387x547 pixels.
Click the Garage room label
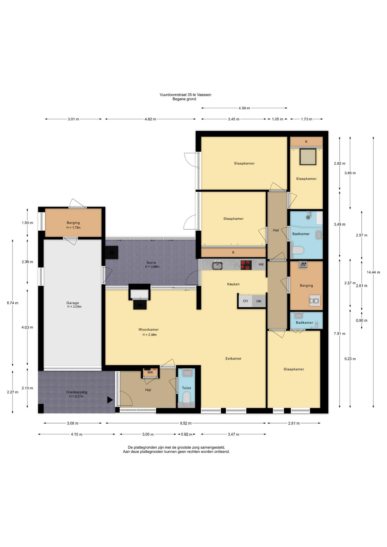pyautogui.click(x=73, y=303)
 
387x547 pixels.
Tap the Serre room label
pyautogui.click(x=151, y=262)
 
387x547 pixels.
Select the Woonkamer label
pyautogui.click(x=148, y=329)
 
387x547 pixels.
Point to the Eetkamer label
pyautogui.click(x=233, y=358)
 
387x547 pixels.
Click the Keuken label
pyautogui.click(x=233, y=284)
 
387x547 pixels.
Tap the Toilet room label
pyautogui.click(x=187, y=388)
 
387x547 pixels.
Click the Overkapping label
pyautogui.click(x=77, y=392)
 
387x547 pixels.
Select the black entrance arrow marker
pyautogui.click(x=110, y=400)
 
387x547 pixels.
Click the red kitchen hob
pyautogui.click(x=246, y=265)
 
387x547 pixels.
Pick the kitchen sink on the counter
pyautogui.click(x=217, y=265)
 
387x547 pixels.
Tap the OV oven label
pyautogui.click(x=245, y=301)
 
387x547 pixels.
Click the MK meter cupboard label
pyautogui.click(x=150, y=372)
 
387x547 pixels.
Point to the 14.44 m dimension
pyautogui.click(x=373, y=272)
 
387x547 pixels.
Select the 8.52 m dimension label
pyautogui.click(x=186, y=423)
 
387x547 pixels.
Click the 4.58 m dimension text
pyautogui.click(x=244, y=108)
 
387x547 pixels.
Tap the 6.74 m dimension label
pyautogui.click(x=13, y=303)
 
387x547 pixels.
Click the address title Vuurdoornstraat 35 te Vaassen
pyautogui.click(x=185, y=95)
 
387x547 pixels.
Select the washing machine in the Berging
pyautogui.click(x=315, y=301)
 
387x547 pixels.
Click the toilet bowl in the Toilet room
pyautogui.click(x=186, y=397)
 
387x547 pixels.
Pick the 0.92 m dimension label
pyautogui.click(x=187, y=434)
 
